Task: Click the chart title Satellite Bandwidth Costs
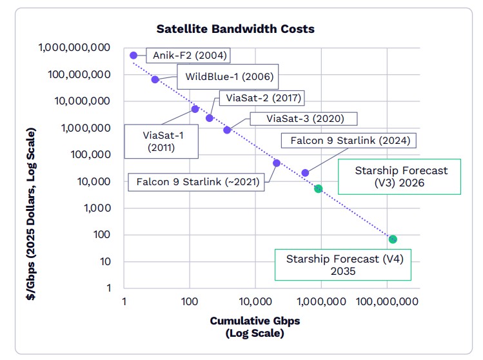(235, 29)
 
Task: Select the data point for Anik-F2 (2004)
(133, 55)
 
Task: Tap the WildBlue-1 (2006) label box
(229, 77)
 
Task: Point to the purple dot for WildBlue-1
(155, 79)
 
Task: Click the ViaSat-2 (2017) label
(261, 98)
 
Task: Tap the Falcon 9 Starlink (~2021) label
(197, 182)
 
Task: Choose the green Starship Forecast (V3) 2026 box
(400, 177)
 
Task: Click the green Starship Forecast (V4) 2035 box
(343, 265)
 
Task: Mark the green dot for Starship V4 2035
(393, 239)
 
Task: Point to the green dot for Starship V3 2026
(318, 188)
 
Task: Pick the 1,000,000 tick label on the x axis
(320, 301)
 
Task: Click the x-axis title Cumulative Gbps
(255, 321)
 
